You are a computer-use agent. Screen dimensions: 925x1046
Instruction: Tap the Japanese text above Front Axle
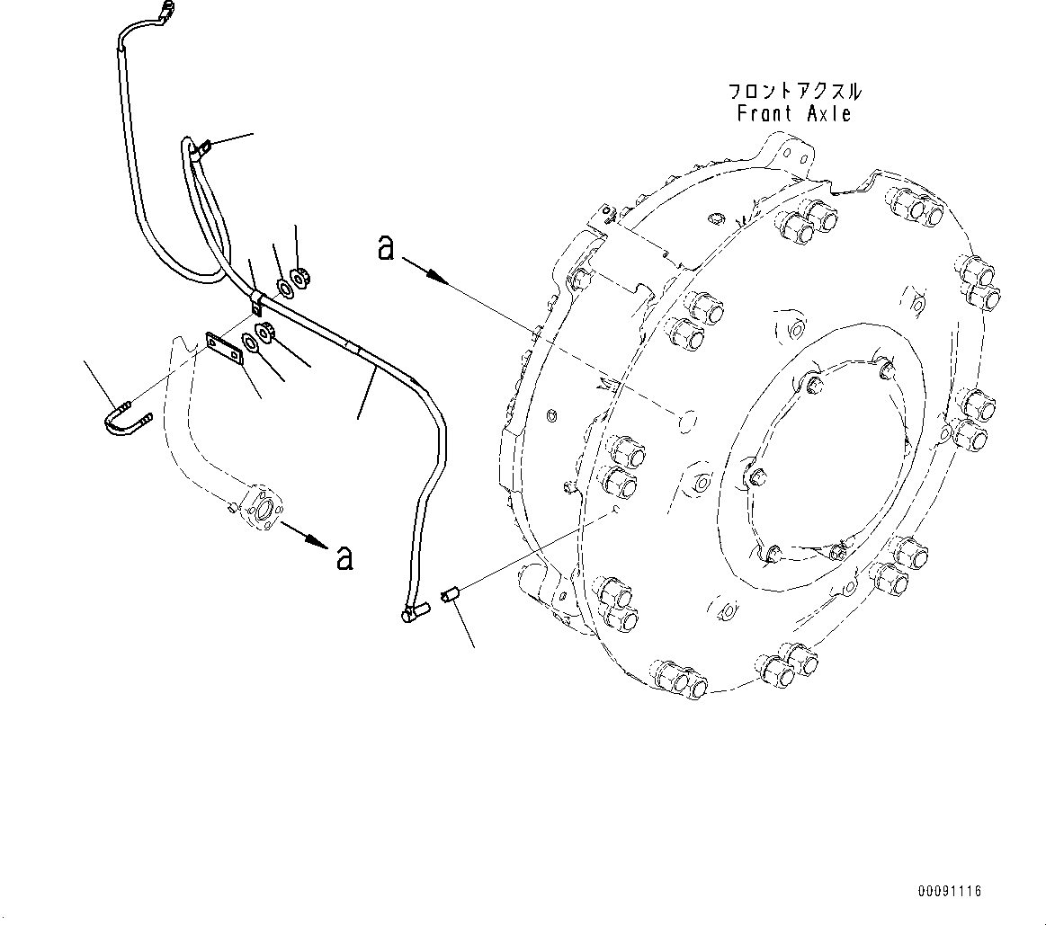click(x=794, y=92)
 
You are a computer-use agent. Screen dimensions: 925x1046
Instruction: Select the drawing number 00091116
click(x=950, y=891)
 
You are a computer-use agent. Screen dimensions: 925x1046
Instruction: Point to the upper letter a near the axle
click(x=386, y=247)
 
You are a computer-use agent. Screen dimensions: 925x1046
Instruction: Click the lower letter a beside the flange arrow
click(x=344, y=558)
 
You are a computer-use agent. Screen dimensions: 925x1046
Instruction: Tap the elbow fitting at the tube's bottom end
click(x=413, y=613)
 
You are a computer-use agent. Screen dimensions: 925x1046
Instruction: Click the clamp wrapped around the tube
click(x=257, y=300)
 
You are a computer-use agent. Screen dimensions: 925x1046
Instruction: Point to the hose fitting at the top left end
click(x=165, y=12)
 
